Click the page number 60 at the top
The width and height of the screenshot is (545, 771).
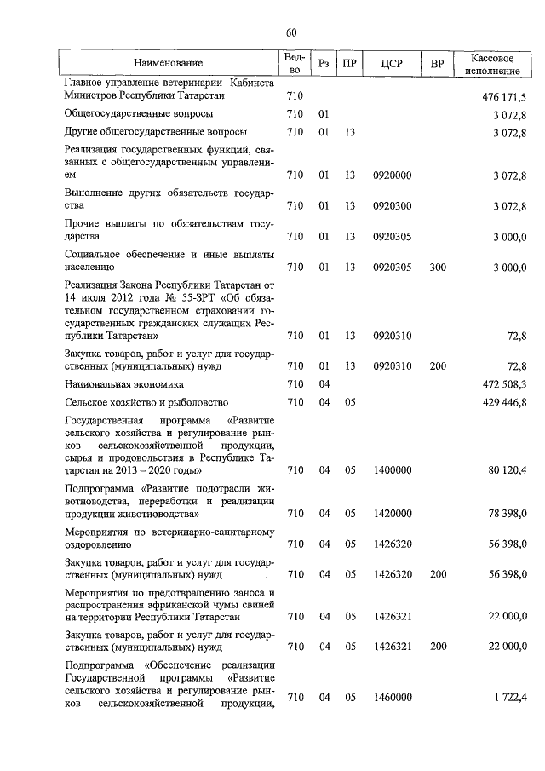(291, 33)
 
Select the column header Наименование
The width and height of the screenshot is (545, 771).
(169, 64)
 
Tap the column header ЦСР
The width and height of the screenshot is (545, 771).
(393, 64)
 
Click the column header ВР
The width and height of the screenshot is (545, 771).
(437, 64)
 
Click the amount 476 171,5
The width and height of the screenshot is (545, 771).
(504, 97)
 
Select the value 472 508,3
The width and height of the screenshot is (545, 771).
(504, 385)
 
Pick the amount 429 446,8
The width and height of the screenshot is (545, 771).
(504, 402)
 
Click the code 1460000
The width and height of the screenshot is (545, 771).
(393, 698)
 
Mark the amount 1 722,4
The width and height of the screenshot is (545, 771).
(509, 698)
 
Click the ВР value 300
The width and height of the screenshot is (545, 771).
(438, 268)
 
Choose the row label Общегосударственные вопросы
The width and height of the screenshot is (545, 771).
(127, 113)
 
